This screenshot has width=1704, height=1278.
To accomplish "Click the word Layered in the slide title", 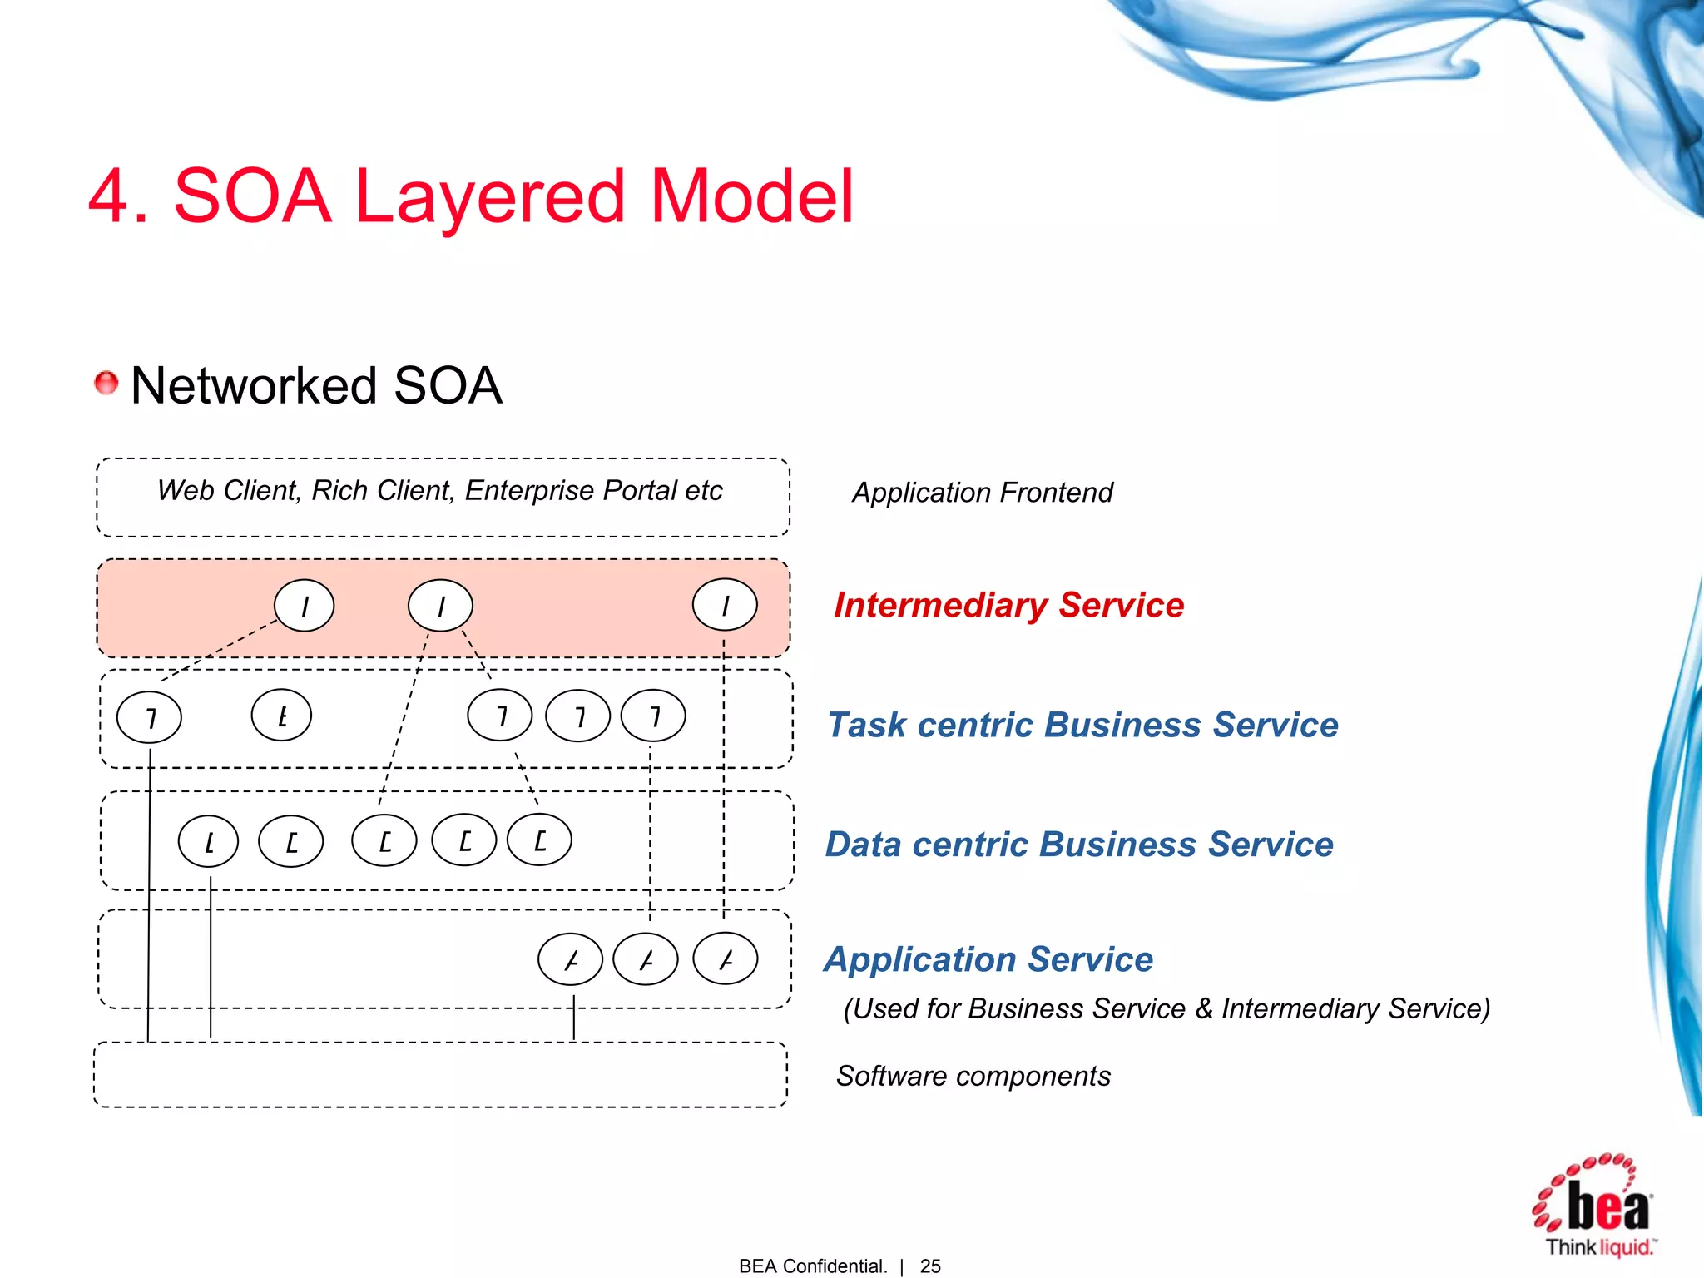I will click(489, 198).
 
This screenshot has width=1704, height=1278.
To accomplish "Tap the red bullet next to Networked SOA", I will click(106, 384).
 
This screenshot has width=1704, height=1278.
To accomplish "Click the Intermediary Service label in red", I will click(1008, 605).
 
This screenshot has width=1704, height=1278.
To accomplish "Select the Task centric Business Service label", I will click(1082, 725).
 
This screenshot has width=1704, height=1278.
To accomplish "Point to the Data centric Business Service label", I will click(1079, 845).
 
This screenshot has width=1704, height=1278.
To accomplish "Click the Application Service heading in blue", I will click(988, 959).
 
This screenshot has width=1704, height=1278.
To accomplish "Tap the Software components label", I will click(973, 1076).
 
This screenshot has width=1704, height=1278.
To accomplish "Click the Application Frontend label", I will click(982, 493).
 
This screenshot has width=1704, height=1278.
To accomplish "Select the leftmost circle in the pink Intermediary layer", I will click(305, 606).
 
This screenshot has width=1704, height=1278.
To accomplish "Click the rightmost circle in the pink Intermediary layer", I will click(725, 605).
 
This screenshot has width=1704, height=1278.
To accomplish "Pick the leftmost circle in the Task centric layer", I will click(150, 717).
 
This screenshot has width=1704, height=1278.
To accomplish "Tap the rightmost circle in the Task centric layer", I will click(654, 716).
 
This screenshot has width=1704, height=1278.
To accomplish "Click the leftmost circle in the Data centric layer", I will click(209, 842).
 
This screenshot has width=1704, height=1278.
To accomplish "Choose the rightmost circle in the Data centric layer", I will click(540, 840).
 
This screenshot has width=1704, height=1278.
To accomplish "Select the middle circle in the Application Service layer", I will click(646, 960).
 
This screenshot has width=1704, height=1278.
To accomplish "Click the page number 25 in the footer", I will click(930, 1266).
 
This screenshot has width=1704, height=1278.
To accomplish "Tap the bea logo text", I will click(1607, 1207).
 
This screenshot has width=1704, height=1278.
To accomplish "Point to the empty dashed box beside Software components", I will click(441, 1074).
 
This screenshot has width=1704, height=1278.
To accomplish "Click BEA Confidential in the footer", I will click(812, 1266).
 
